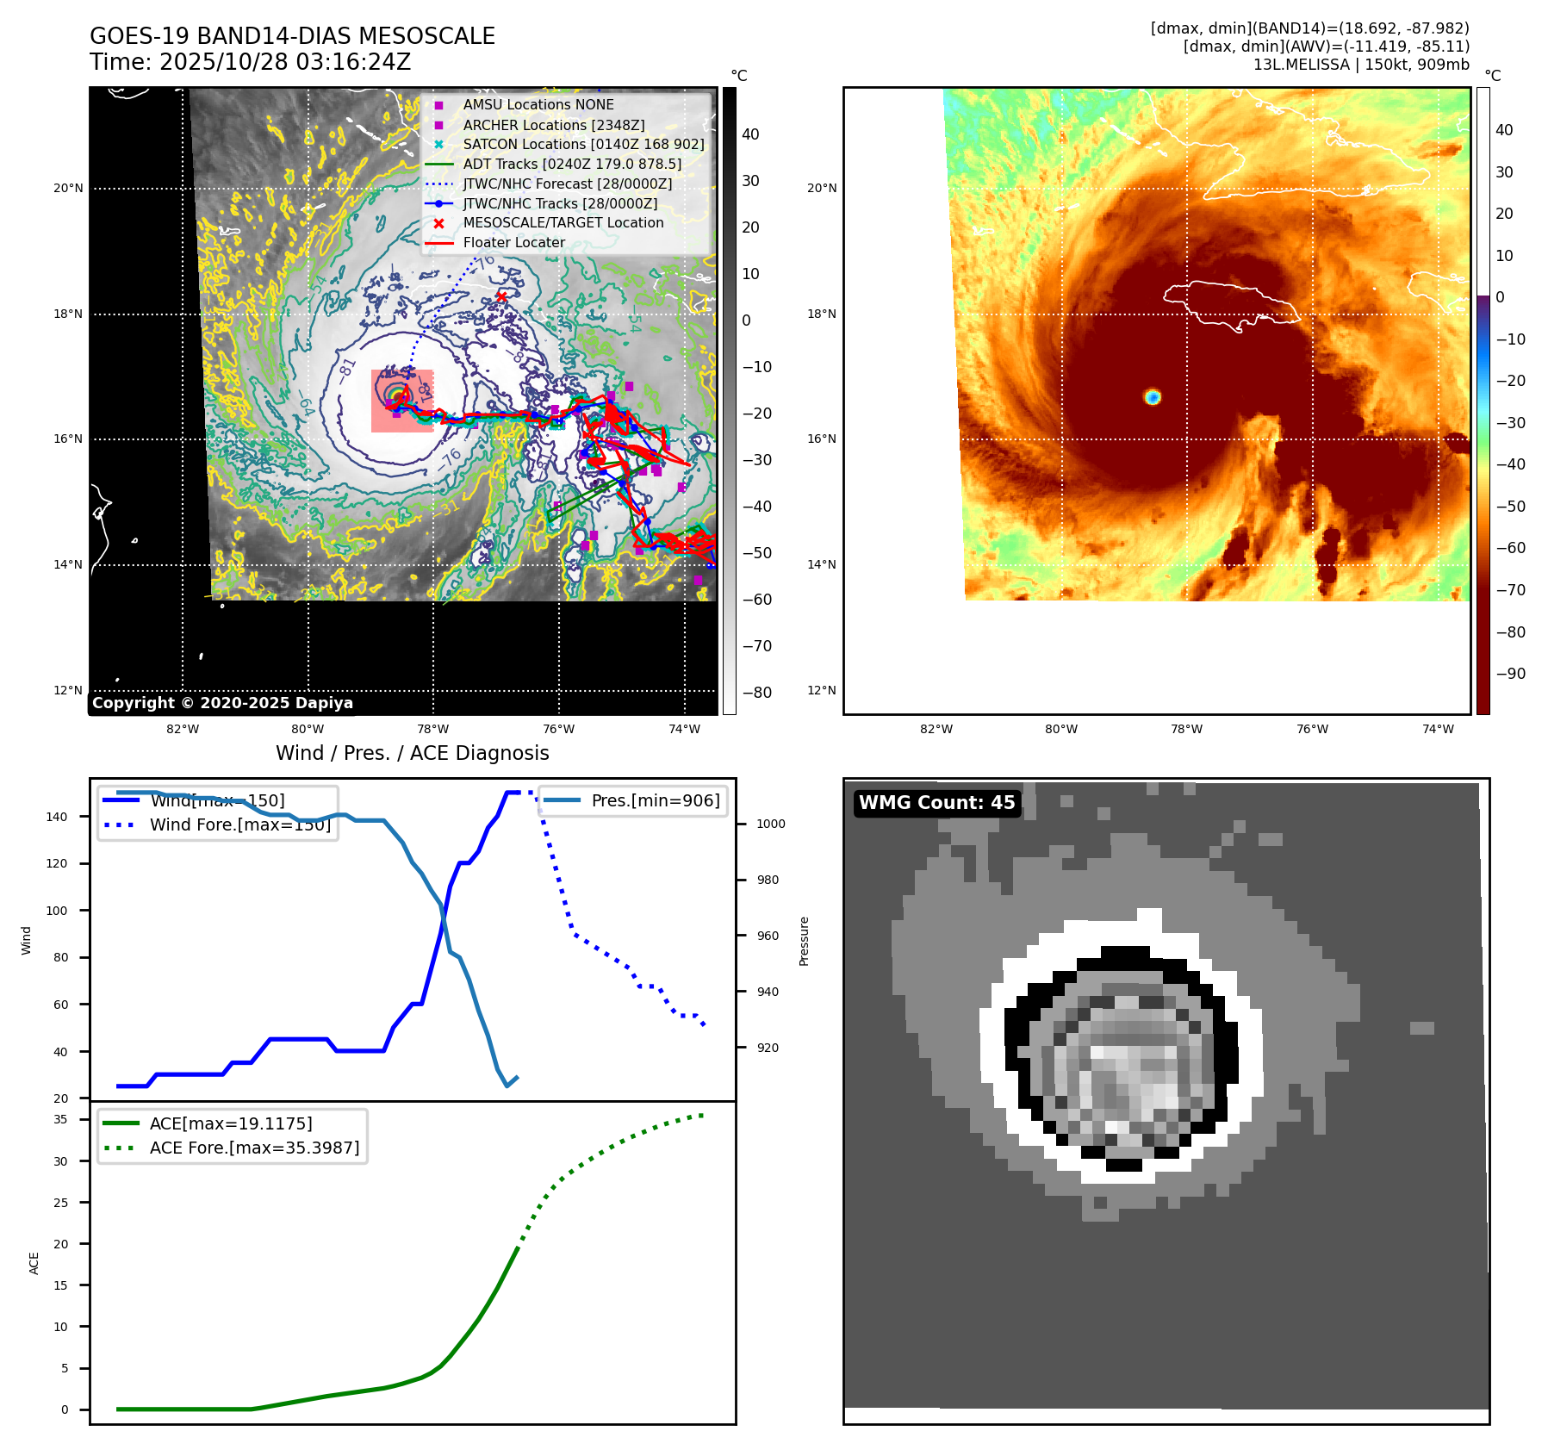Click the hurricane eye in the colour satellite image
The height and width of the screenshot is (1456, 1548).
click(x=1153, y=397)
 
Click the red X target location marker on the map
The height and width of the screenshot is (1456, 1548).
click(x=501, y=296)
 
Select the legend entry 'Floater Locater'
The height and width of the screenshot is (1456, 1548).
click(x=513, y=243)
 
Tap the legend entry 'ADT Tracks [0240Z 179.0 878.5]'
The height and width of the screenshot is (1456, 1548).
click(x=572, y=164)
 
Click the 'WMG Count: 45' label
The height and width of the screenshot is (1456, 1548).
click(x=936, y=803)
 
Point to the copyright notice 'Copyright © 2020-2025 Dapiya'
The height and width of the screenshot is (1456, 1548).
click(x=222, y=703)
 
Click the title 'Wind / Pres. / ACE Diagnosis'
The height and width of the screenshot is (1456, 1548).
click(x=412, y=753)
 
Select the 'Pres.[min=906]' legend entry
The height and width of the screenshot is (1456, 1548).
click(x=655, y=800)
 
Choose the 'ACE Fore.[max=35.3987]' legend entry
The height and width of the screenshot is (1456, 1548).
click(x=254, y=1148)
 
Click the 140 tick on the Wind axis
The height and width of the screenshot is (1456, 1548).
click(x=56, y=817)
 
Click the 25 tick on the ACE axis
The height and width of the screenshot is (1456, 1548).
click(x=60, y=1203)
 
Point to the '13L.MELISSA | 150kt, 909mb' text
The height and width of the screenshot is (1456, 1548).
click(x=1361, y=65)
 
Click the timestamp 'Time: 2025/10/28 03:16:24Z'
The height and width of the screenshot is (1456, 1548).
click(x=250, y=62)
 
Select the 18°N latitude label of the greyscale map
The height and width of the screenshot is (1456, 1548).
click(x=68, y=314)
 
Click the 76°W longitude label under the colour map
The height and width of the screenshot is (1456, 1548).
click(x=1312, y=729)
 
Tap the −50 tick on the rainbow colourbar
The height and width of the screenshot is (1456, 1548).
click(x=1510, y=507)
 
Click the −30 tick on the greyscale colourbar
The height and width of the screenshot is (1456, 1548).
click(x=757, y=460)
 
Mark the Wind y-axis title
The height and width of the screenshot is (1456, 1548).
click(x=26, y=940)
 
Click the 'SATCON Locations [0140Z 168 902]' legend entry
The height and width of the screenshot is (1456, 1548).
click(x=583, y=144)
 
